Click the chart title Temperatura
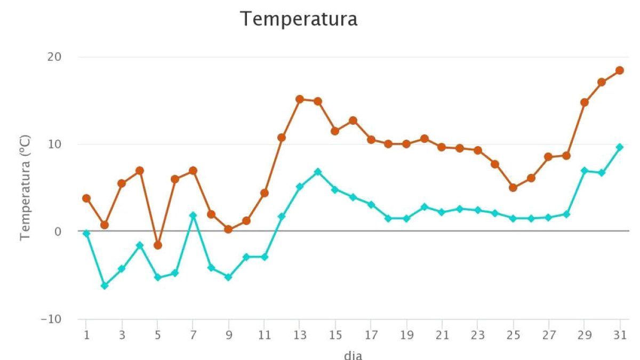click(299, 19)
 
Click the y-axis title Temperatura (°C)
click(25, 188)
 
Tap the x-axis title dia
click(353, 355)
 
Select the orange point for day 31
click(619, 70)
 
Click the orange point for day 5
click(157, 245)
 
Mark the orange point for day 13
click(300, 99)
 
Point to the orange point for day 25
click(513, 188)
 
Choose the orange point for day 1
click(86, 198)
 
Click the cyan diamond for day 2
click(105, 286)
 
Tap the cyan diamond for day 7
click(193, 215)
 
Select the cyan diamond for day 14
click(318, 172)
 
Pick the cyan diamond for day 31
click(619, 147)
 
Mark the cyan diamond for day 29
click(584, 171)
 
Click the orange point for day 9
click(228, 229)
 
